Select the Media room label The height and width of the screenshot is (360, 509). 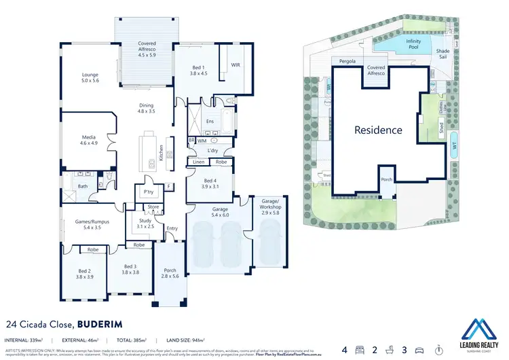(x=90, y=139)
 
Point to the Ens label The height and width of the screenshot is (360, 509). (x=210, y=121)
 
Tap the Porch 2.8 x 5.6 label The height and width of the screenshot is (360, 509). (x=170, y=273)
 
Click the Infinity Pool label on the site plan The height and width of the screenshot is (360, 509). (x=413, y=45)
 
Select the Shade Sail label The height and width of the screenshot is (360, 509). (x=443, y=54)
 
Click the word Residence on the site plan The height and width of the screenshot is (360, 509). (x=378, y=130)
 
